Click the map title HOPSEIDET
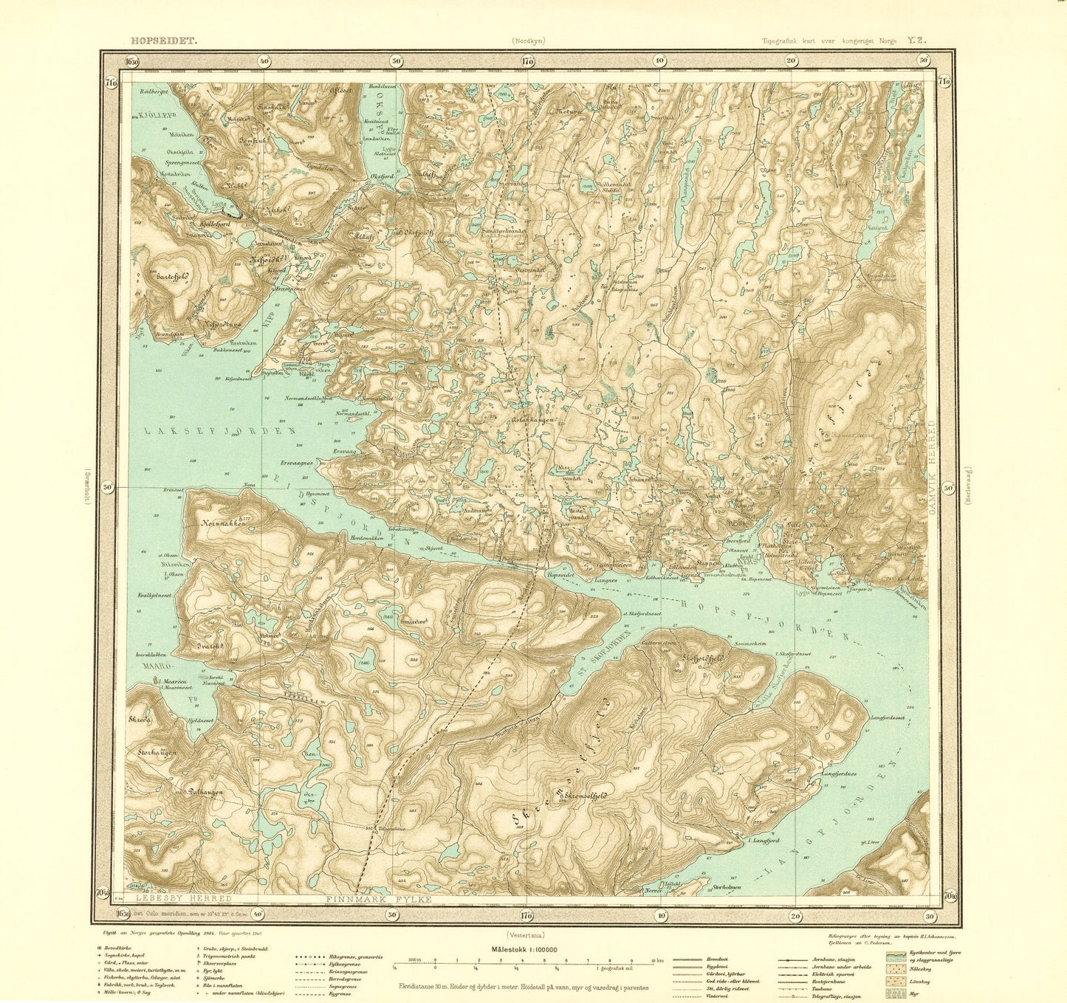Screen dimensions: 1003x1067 tap(159, 41)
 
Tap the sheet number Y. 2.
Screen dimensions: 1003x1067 tap(916, 41)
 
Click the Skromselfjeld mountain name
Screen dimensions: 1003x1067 tap(580, 796)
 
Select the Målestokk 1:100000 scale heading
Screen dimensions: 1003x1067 tap(526, 951)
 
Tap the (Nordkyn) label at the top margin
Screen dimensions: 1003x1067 tap(526, 42)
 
